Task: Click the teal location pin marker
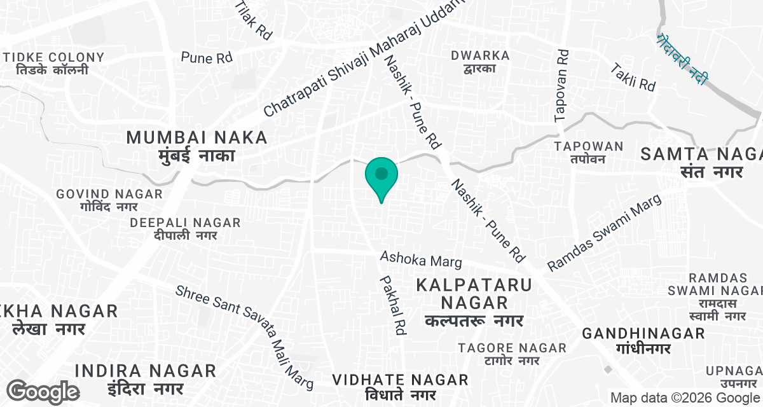pyautogui.click(x=381, y=175)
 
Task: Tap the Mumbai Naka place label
pyautogui.click(x=196, y=146)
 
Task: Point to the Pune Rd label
pyautogui.click(x=207, y=58)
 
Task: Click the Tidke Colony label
pyautogui.click(x=53, y=63)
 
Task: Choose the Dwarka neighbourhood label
pyautogui.click(x=480, y=62)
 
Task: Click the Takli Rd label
pyautogui.click(x=633, y=77)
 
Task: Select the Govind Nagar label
pyautogui.click(x=109, y=200)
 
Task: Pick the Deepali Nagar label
pyautogui.click(x=185, y=229)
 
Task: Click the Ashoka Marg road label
pyautogui.click(x=421, y=259)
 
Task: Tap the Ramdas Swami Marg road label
pyautogui.click(x=605, y=233)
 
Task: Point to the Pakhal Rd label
pyautogui.click(x=393, y=305)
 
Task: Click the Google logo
pyautogui.click(x=43, y=391)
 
